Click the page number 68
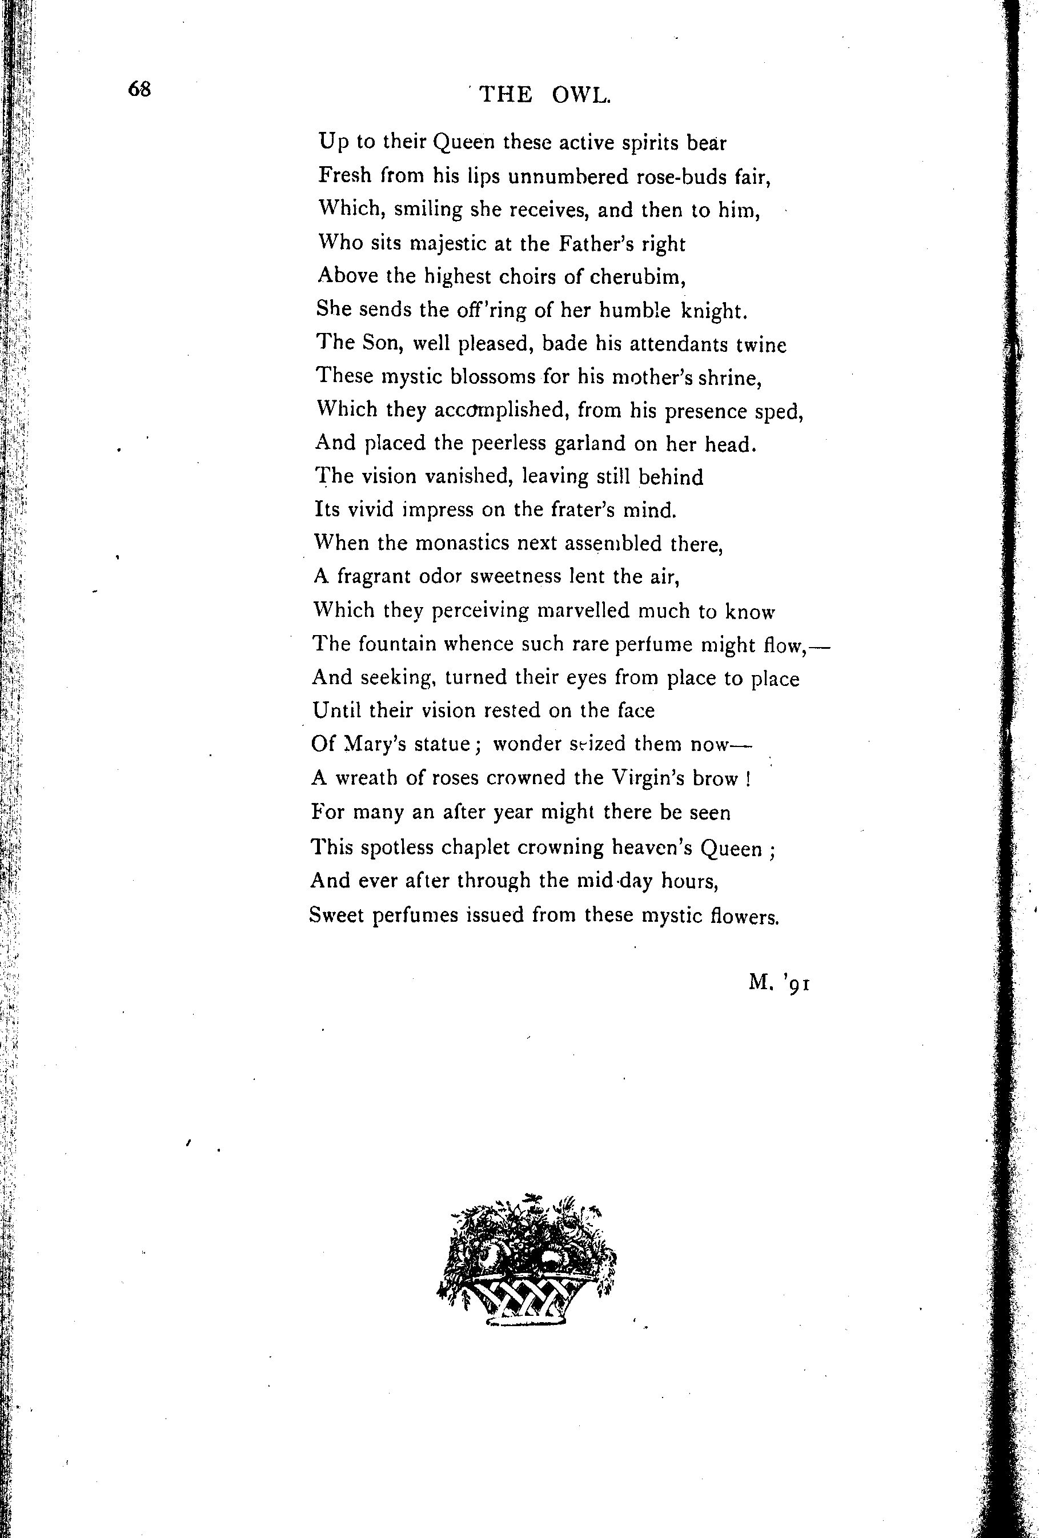coord(141,89)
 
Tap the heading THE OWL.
coord(544,95)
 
